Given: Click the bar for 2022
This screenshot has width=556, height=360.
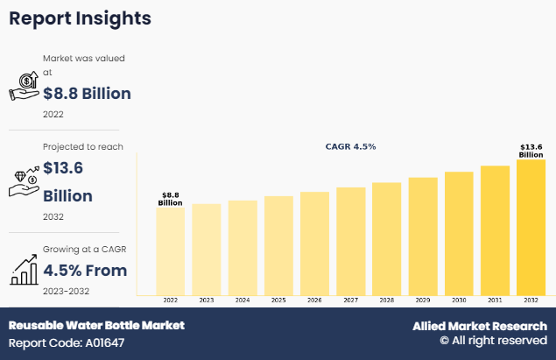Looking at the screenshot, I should (x=170, y=251).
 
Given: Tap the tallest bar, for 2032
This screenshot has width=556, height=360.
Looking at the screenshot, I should (x=531, y=227).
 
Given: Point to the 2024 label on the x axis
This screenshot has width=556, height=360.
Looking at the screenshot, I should (x=243, y=300).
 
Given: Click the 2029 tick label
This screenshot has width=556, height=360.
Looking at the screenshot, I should (x=423, y=300).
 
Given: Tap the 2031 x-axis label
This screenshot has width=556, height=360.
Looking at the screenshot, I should (x=495, y=300).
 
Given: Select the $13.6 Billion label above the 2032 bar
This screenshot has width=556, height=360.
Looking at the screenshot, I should (x=531, y=151).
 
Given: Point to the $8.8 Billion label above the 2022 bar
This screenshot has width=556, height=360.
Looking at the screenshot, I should (x=170, y=199).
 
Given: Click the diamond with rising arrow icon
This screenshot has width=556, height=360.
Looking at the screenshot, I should (x=24, y=178).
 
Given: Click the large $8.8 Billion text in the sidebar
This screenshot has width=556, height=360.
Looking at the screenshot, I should (x=87, y=94).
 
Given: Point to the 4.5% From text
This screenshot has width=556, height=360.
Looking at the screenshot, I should (x=85, y=270).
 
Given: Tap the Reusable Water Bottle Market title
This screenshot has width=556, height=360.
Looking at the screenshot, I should (x=96, y=325).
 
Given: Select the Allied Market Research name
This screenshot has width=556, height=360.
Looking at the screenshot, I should (x=480, y=326).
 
